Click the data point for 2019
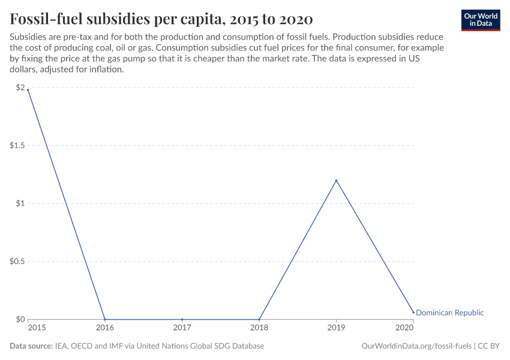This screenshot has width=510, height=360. point(336,180)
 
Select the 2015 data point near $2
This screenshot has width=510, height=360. point(28,90)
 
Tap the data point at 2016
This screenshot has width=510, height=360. point(105,319)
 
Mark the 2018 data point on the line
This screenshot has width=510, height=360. point(259,319)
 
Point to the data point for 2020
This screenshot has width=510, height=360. point(413,312)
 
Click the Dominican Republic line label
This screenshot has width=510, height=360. point(449,313)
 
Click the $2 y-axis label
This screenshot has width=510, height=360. point(20,88)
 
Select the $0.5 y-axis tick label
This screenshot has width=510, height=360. point(17,262)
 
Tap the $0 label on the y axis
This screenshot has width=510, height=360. point(20,319)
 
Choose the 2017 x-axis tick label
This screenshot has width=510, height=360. point(182,328)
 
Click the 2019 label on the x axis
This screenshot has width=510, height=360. point(336,328)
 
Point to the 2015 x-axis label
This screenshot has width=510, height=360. point(36,328)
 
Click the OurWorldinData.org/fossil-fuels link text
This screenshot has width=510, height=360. point(416,346)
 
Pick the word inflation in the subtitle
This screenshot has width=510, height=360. point(105,69)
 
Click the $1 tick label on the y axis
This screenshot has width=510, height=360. point(20,203)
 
